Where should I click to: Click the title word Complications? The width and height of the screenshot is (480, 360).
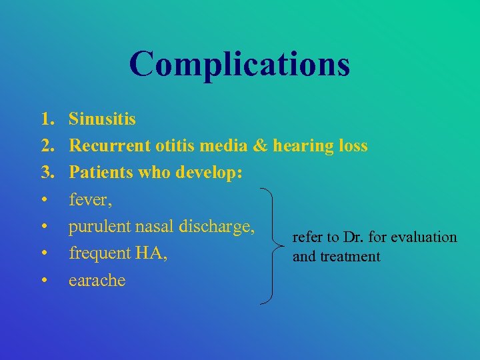pos(239,65)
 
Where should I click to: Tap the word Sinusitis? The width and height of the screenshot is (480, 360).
pos(102,119)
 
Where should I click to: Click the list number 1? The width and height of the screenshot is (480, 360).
pos(47,119)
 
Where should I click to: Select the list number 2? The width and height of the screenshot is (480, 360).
pos(47,145)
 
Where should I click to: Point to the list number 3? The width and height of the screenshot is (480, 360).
pos(47,173)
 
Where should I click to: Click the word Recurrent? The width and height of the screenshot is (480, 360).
pos(109,145)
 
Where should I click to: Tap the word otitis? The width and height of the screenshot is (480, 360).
pos(175,145)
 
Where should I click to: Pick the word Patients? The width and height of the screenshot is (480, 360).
pos(103,173)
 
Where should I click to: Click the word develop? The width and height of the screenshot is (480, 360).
pos(209,173)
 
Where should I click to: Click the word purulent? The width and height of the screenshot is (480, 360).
pos(99,227)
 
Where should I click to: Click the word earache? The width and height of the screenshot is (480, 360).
pos(97,280)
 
